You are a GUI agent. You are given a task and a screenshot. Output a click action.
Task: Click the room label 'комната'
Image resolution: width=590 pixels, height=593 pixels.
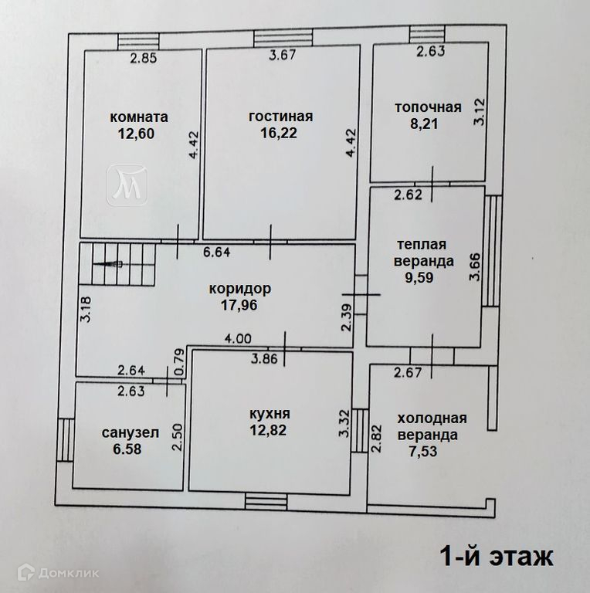click(x=139, y=117)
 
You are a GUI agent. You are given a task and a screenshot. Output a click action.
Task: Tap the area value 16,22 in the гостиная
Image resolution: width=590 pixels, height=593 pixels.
click(x=280, y=132)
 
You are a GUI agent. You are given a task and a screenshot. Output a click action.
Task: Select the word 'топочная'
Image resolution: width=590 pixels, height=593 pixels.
click(x=429, y=107)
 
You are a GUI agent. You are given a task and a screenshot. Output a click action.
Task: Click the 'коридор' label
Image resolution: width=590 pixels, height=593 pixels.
click(x=239, y=290)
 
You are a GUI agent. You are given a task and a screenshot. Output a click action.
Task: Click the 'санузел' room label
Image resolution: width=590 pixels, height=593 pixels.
click(x=130, y=432)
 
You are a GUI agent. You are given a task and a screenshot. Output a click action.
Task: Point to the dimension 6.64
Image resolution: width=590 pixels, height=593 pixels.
click(x=218, y=251)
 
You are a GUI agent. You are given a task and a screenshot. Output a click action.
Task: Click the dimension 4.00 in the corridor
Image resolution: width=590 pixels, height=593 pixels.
click(x=238, y=337)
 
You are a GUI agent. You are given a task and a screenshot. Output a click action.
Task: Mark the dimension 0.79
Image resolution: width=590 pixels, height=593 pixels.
click(x=178, y=361)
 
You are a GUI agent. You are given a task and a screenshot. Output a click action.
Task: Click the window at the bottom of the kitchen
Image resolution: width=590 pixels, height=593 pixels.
click(x=266, y=500)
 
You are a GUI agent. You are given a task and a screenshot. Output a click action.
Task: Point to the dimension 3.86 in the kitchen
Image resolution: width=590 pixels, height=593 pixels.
click(x=265, y=358)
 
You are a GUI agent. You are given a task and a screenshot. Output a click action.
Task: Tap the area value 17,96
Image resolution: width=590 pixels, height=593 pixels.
click(x=238, y=304)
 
